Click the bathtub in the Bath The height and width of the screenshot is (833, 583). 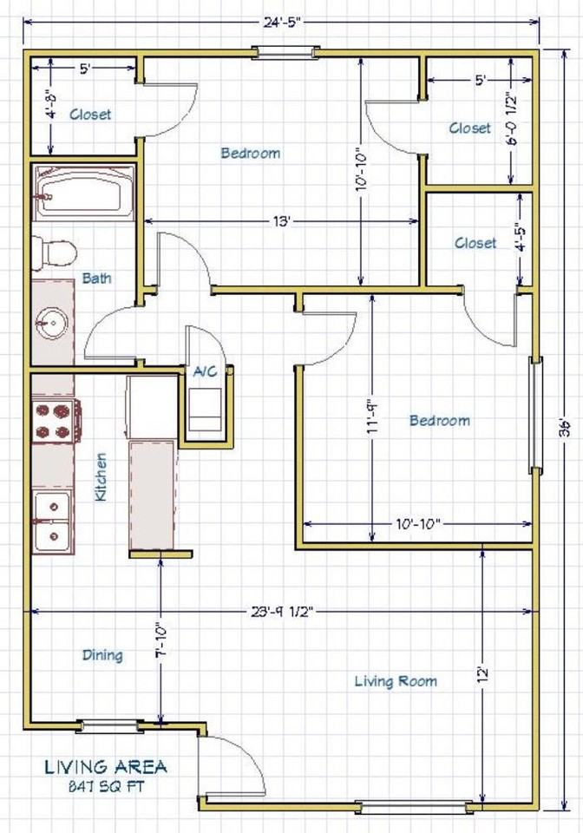pyautogui.click(x=83, y=193)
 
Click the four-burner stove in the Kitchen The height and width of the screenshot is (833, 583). pyautogui.click(x=56, y=420)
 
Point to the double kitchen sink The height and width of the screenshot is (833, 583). pyautogui.click(x=53, y=521)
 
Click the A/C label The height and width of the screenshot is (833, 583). pyautogui.click(x=205, y=371)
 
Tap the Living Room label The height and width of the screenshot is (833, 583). pyautogui.click(x=396, y=681)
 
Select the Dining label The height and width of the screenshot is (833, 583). pyautogui.click(x=102, y=655)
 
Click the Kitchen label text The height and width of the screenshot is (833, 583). pyautogui.click(x=101, y=476)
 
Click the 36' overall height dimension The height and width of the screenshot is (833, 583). pyautogui.click(x=564, y=429)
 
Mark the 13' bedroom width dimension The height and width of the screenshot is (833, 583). pyautogui.click(x=282, y=220)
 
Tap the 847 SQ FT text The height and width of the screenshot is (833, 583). pyautogui.click(x=106, y=786)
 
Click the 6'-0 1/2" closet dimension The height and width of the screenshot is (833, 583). pyautogui.click(x=511, y=120)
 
